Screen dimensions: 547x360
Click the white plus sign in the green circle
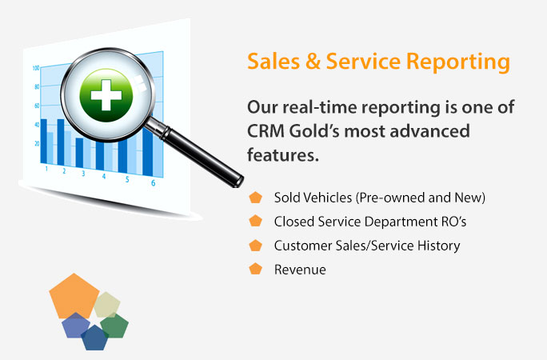pos(106,95)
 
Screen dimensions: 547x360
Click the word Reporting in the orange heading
pos(458,62)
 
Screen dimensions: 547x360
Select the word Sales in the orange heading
pos(273,62)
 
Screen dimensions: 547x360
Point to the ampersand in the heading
pos(313,62)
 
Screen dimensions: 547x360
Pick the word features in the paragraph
pos(283,154)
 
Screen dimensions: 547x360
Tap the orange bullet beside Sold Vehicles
pos(255,198)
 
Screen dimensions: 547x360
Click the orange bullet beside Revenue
pos(255,269)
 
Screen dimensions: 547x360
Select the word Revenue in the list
pos(300,270)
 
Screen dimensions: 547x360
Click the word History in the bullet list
pos(439,246)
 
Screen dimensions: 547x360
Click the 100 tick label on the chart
pos(35,68)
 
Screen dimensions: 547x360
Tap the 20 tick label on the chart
pos(37,143)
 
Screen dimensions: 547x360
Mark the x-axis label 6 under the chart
pos(153,183)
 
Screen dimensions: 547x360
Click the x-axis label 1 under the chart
pos(46,169)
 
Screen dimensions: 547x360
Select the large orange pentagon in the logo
pos(74,296)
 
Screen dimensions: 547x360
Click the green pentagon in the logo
pos(114,326)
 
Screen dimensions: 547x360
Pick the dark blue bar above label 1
pos(44,142)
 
